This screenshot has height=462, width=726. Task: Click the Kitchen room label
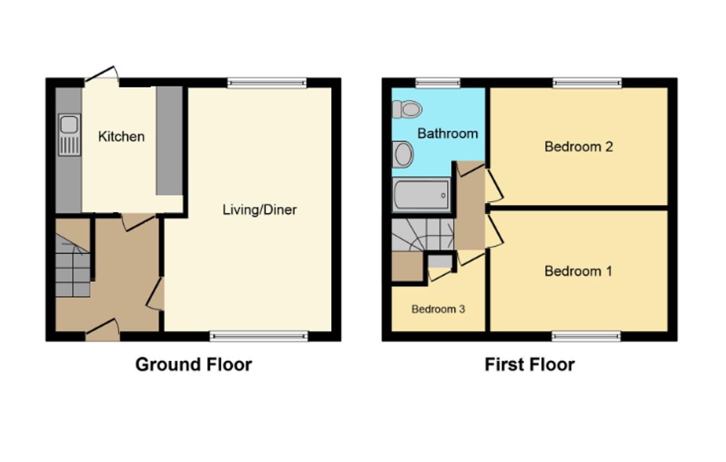point(121,136)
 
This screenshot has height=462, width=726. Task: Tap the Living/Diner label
point(259,210)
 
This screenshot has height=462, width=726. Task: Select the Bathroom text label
point(448,134)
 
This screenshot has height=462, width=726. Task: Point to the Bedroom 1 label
point(578,271)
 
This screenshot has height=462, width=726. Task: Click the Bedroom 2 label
point(578,147)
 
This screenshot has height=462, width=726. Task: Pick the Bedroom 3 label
point(438,309)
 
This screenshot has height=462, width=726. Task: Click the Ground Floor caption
point(193,364)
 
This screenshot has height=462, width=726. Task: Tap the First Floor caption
point(529,364)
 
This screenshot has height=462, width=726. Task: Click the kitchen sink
point(69,134)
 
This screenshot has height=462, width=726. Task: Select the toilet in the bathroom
point(407,109)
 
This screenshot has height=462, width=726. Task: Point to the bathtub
point(421,195)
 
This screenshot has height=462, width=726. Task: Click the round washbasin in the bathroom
point(402,154)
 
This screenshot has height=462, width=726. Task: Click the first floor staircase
point(423,236)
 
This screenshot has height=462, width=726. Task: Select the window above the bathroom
point(438,83)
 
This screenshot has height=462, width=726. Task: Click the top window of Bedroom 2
point(587,83)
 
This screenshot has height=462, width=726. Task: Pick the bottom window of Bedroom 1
point(585,337)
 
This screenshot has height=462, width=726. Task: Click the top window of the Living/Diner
point(267,83)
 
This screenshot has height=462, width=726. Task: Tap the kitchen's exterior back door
point(102,76)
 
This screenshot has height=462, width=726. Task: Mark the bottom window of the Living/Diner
point(259,337)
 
